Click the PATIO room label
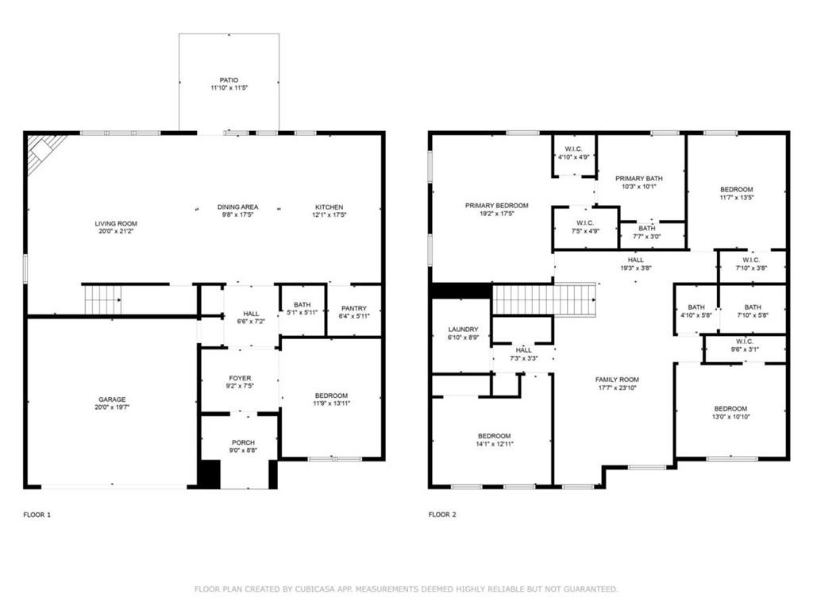point(229,80)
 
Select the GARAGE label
point(112,400)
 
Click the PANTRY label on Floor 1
point(354,308)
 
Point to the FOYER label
point(240,378)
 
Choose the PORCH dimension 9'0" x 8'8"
point(243,450)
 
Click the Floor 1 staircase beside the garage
point(103,299)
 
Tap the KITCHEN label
point(329,207)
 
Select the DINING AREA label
point(237,207)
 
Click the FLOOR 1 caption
point(37,515)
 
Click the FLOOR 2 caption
point(442,515)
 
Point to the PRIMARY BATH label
point(639,179)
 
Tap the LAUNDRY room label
point(463,330)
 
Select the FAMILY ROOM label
point(617,380)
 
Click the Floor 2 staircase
point(543,299)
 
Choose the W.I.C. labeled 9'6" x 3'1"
point(745,346)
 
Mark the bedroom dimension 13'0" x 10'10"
point(731,416)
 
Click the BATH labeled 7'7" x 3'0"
point(647,233)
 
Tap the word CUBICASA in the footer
point(314,589)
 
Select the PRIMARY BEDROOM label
point(497,206)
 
